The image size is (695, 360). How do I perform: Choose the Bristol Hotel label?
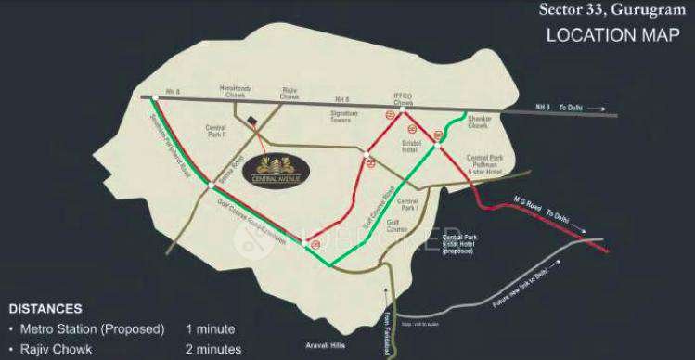411,147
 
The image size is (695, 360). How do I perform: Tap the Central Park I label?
407,204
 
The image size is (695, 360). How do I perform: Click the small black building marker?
253,122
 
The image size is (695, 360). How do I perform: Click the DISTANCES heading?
45,309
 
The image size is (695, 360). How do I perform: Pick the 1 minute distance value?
210,329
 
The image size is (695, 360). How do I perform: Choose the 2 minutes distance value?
213,349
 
